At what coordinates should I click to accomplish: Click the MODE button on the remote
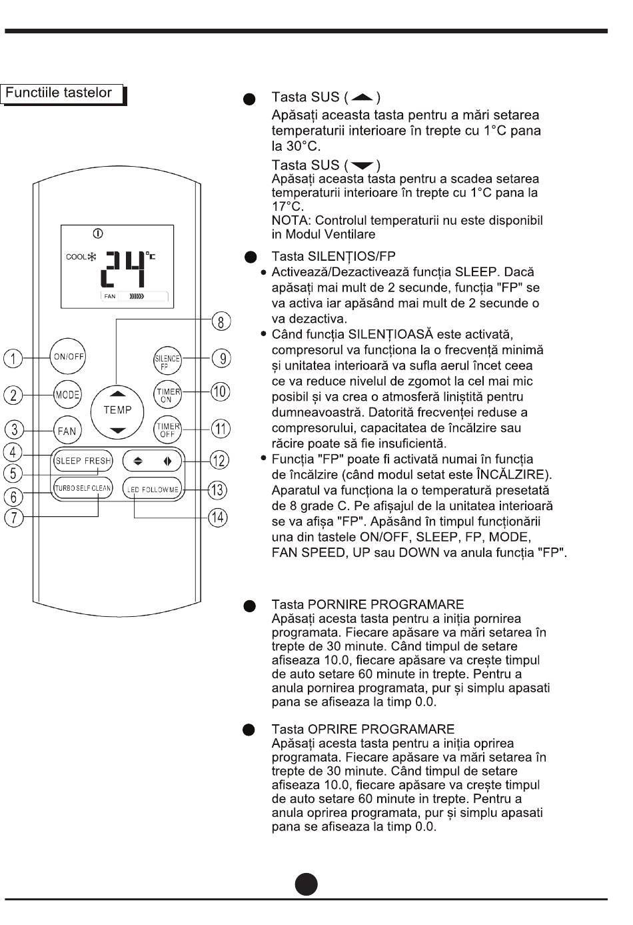(67, 395)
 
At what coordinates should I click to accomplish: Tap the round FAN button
(67, 431)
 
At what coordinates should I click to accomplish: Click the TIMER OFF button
(167, 429)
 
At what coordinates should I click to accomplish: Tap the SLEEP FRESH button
(83, 461)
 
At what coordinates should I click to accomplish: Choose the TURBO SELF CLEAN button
(83, 488)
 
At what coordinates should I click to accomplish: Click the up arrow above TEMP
(117, 393)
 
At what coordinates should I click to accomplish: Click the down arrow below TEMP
(117, 431)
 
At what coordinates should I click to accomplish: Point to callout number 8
(221, 321)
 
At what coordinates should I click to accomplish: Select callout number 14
(218, 517)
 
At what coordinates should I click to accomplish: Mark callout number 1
(13, 358)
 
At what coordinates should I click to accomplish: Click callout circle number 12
(219, 460)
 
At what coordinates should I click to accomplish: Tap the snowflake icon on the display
(93, 257)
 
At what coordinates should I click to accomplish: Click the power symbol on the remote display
(99, 233)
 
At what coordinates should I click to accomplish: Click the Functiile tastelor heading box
(63, 93)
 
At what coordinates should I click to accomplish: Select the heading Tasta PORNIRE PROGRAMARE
(367, 604)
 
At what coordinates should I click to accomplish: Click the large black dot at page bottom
(307, 884)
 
